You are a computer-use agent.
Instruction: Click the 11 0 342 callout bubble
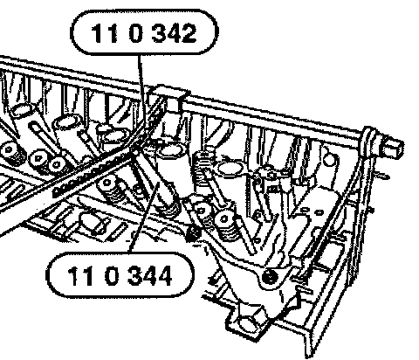tap(144, 32)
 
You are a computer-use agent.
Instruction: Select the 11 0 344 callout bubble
tap(120, 275)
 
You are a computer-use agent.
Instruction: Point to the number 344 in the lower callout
tap(149, 276)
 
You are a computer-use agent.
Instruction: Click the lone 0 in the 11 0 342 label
tap(136, 33)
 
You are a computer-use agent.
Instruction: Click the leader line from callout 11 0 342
tap(141, 93)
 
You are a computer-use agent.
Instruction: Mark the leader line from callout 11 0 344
tap(144, 218)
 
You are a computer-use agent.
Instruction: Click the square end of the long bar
tap(393, 147)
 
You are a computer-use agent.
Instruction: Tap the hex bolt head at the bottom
tap(248, 322)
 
